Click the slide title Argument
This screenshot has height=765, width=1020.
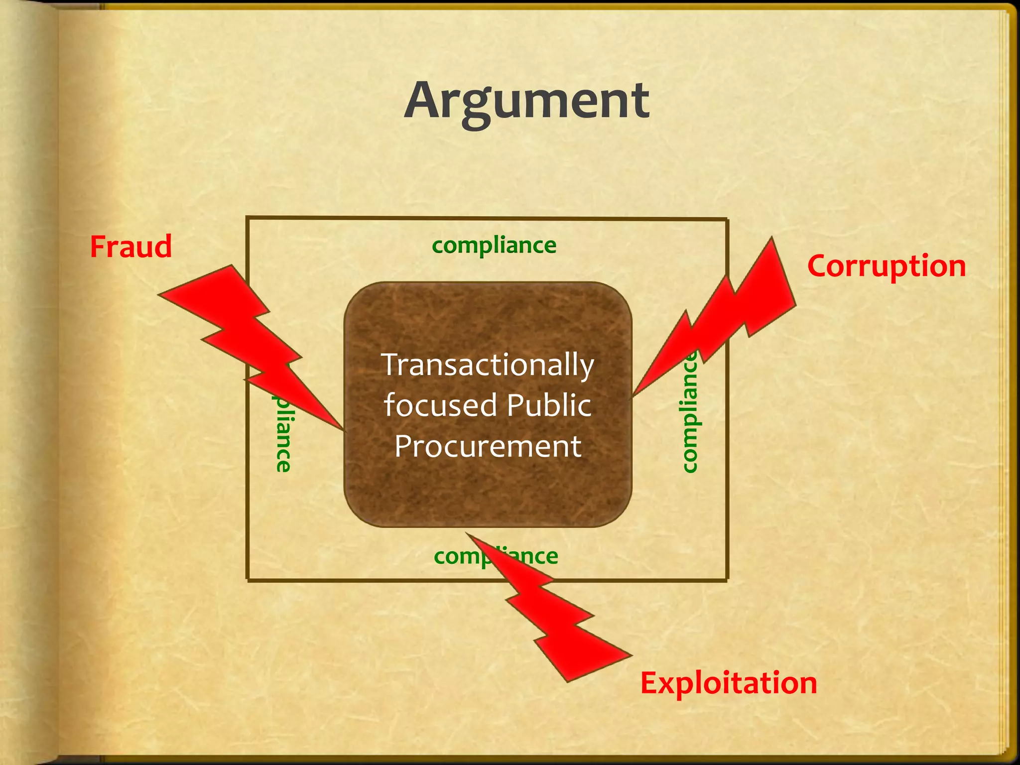[526, 101]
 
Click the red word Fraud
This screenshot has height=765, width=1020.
[130, 247]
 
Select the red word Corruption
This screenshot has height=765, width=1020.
[886, 266]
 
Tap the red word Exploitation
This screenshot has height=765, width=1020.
[728, 683]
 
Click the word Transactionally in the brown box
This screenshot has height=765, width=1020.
[488, 365]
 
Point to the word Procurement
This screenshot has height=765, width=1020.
[488, 446]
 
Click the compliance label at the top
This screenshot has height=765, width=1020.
[494, 245]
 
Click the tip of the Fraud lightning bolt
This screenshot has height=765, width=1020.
[343, 429]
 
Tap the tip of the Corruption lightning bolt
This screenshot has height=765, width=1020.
[634, 396]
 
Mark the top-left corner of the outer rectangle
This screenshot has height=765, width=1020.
[248, 218]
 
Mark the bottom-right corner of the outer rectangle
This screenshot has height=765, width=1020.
[727, 580]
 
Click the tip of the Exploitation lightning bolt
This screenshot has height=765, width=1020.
[467, 533]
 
